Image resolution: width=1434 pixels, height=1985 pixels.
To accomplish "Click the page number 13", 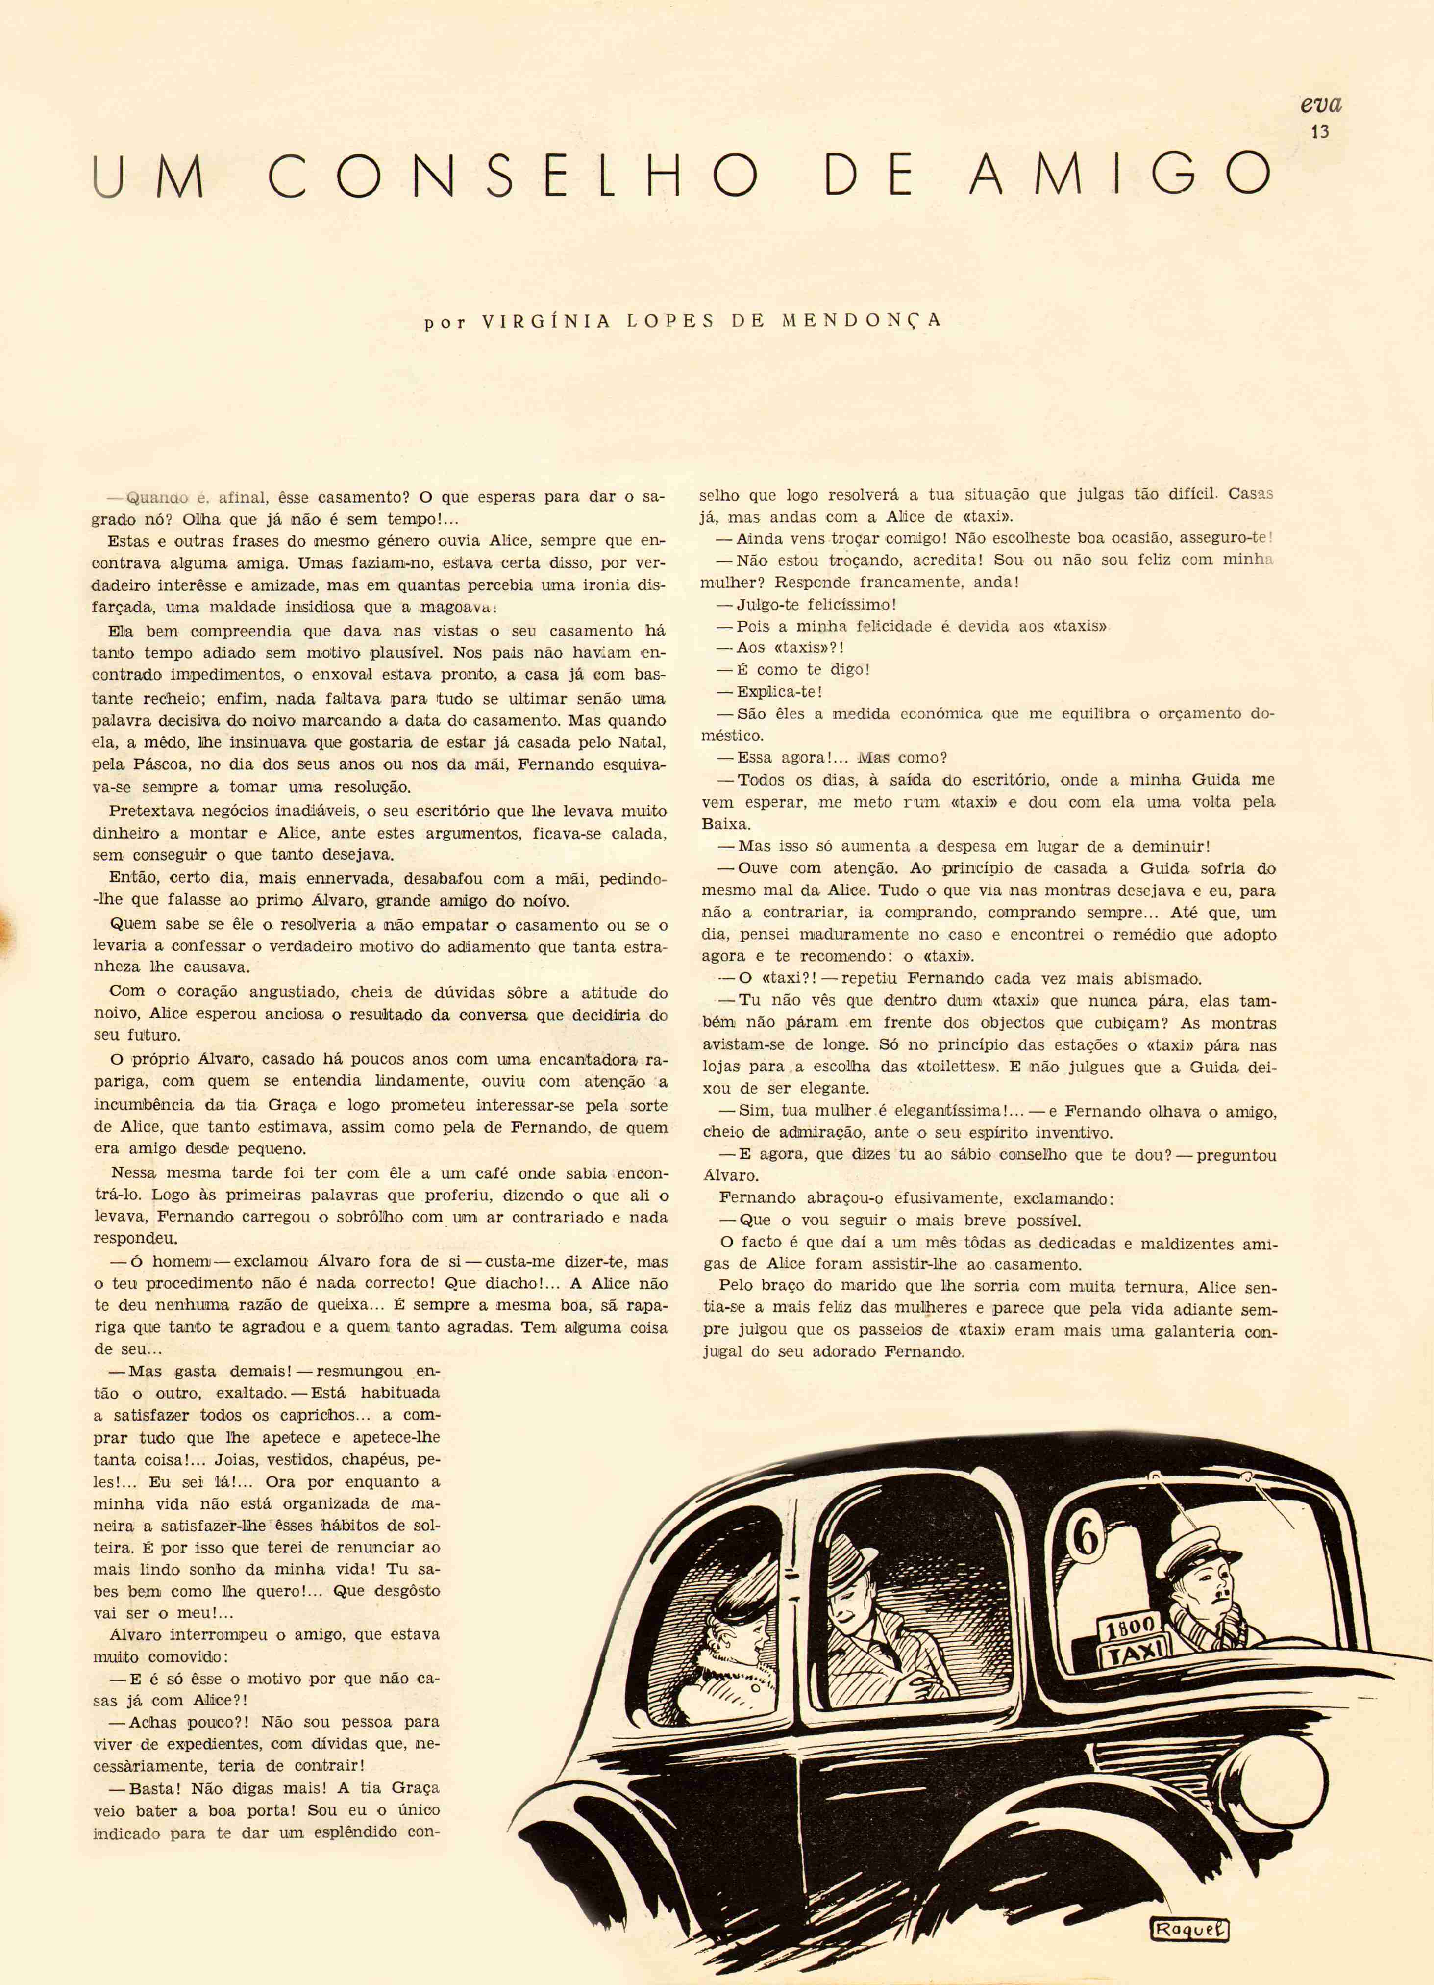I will coord(1319,132).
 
